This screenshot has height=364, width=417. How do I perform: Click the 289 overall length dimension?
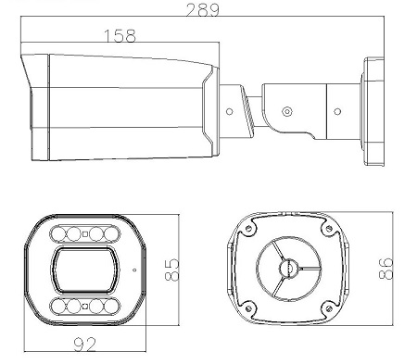pyautogui.click(x=203, y=9)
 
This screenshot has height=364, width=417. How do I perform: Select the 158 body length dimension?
pyautogui.click(x=120, y=36)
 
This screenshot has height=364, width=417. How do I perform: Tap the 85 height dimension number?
pyautogui.click(x=171, y=270)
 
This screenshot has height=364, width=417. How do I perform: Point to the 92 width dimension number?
pyautogui.click(x=85, y=345)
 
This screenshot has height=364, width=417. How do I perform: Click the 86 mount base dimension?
pyautogui.click(x=386, y=269)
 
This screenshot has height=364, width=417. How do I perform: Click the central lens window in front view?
pyautogui.click(x=85, y=270)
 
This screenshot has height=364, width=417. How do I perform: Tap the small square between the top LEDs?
pyautogui.click(x=85, y=233)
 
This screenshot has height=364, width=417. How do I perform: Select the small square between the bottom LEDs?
pyautogui.click(x=85, y=307)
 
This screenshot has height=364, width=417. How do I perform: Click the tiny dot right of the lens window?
pyautogui.click(x=134, y=270)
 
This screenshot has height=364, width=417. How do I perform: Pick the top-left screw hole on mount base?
pyautogui.click(x=248, y=229)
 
